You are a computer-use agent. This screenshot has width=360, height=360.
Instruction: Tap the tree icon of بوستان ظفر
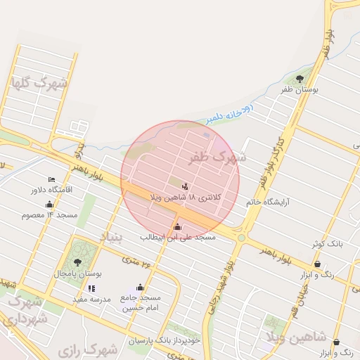tap(300, 79)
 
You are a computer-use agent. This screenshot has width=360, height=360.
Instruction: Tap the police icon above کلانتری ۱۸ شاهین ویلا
tap(185, 186)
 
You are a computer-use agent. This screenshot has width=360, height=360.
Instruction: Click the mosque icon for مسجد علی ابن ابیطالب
tap(176, 227)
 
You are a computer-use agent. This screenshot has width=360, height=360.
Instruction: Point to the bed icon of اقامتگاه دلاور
tap(51, 180)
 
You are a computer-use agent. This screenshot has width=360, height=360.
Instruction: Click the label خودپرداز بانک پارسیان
tap(164, 340)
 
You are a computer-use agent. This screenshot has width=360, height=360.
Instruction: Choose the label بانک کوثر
tap(328, 243)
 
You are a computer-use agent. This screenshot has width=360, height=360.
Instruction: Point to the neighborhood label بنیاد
tap(112, 237)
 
